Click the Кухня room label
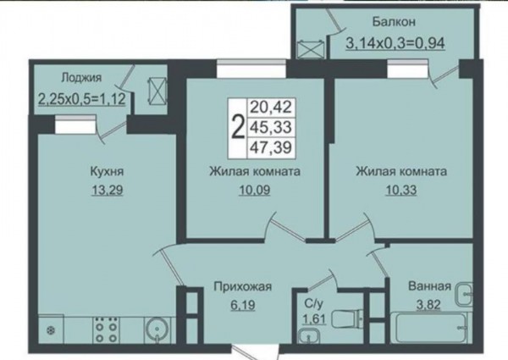pyautogui.click(x=107, y=171)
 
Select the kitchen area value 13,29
pyautogui.click(x=108, y=190)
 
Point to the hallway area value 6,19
pyautogui.click(x=243, y=305)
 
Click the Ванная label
pyautogui.click(x=429, y=286)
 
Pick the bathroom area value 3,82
pyautogui.click(x=428, y=305)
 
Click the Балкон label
pyautogui.click(x=394, y=22)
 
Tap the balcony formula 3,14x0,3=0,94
pyautogui.click(x=395, y=42)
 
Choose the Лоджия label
pyautogui.click(x=81, y=77)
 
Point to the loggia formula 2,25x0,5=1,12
pyautogui.click(x=82, y=98)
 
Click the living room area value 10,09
pyautogui.click(x=254, y=190)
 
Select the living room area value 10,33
pyautogui.click(x=401, y=190)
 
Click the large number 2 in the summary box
pyautogui.click(x=238, y=128)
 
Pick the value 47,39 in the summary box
pyautogui.click(x=271, y=147)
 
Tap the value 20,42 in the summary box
pyautogui.click(x=271, y=107)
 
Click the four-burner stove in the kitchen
pyautogui.click(x=105, y=329)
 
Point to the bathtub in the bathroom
pyautogui.click(x=429, y=327)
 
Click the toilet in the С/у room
pyautogui.click(x=345, y=318)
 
